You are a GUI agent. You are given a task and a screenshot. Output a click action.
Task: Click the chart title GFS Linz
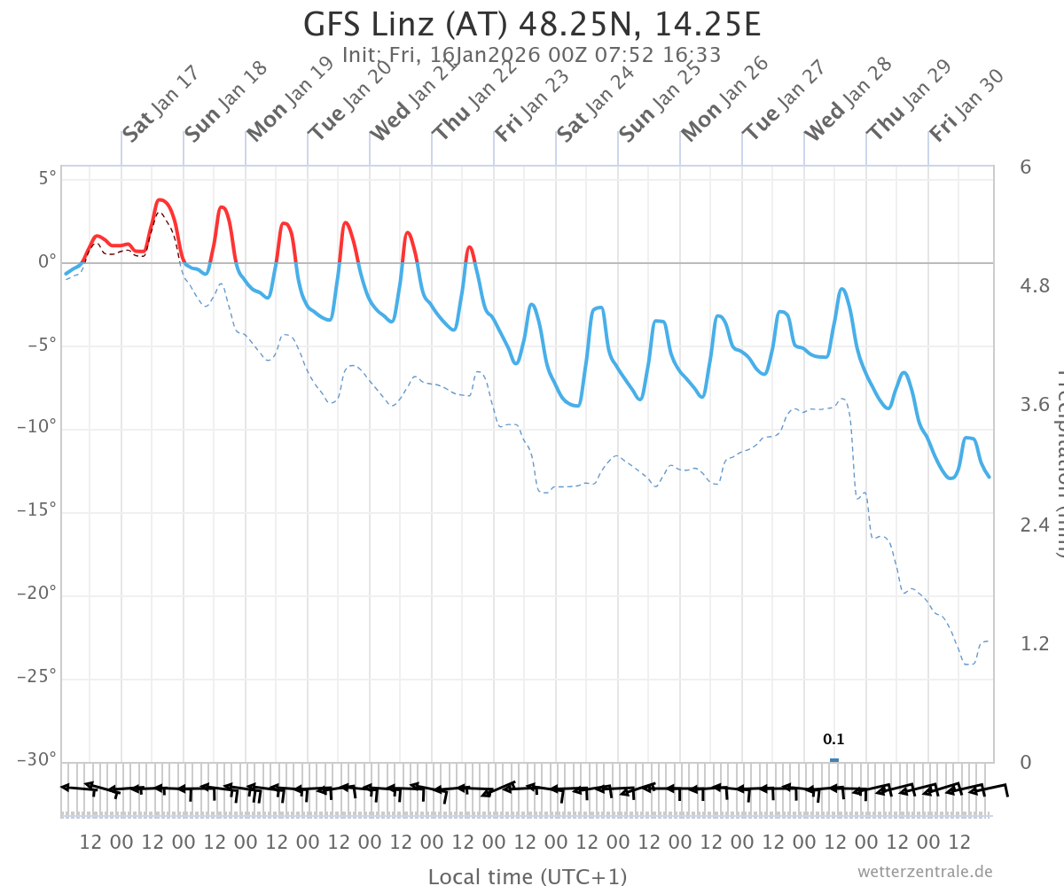pos(532,24)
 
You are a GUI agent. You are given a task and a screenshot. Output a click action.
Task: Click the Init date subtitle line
pos(532,55)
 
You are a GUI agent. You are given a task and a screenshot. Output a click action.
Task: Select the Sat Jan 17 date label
pos(160,105)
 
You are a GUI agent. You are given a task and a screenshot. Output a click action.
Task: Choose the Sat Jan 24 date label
pos(596,104)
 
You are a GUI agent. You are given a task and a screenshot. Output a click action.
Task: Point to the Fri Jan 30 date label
pos(967,105)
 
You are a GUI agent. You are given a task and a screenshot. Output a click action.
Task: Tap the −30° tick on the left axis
pos(37,760)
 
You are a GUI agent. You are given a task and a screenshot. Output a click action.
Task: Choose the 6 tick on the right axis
pos(1025,167)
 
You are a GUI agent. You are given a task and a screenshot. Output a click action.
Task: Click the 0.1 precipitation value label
pos(833,740)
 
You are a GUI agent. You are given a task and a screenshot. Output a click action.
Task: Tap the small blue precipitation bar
pos(833,760)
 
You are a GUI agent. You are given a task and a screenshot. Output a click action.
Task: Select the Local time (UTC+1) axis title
pos(528,876)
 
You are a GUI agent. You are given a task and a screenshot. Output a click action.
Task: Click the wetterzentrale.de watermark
pos(925,872)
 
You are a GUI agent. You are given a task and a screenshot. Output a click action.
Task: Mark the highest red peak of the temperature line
pos(160,199)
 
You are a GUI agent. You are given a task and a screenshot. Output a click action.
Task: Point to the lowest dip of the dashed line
pos(969,664)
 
